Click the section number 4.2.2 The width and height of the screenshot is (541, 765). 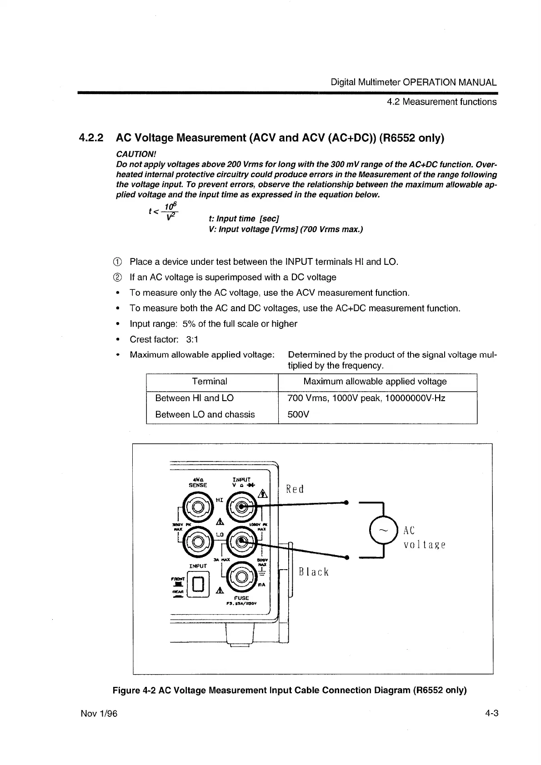pos(91,137)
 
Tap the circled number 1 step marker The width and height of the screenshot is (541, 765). pos(120,262)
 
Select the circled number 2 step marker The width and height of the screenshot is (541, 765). pos(120,277)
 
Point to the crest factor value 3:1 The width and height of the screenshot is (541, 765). pos(192,339)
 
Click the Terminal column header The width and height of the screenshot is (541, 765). pos(210,382)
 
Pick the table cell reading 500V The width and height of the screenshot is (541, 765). pos(299,414)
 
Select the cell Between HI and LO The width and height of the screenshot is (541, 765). pos(194,398)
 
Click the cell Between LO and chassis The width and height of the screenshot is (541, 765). pos(205,414)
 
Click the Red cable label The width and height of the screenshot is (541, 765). pos(294,489)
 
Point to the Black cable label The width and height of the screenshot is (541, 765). pos(313,571)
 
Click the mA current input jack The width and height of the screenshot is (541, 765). pos(242,577)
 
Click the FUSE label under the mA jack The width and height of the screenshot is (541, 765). pos(242,598)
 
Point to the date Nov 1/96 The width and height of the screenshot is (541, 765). pos(99,713)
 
